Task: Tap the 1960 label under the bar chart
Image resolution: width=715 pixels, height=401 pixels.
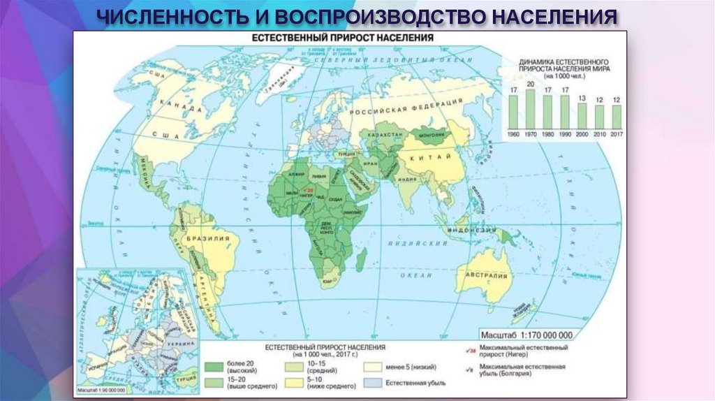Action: pos(513,133)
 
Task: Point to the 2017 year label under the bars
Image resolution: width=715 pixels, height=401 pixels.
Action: pos(617,133)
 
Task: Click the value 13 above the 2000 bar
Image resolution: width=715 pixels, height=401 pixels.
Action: pos(582,98)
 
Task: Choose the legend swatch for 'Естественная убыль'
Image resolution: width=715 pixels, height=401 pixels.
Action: pos(374,382)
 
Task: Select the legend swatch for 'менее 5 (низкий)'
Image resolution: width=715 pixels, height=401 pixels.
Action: pos(374,365)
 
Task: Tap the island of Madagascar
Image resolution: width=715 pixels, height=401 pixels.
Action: pos(361,261)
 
